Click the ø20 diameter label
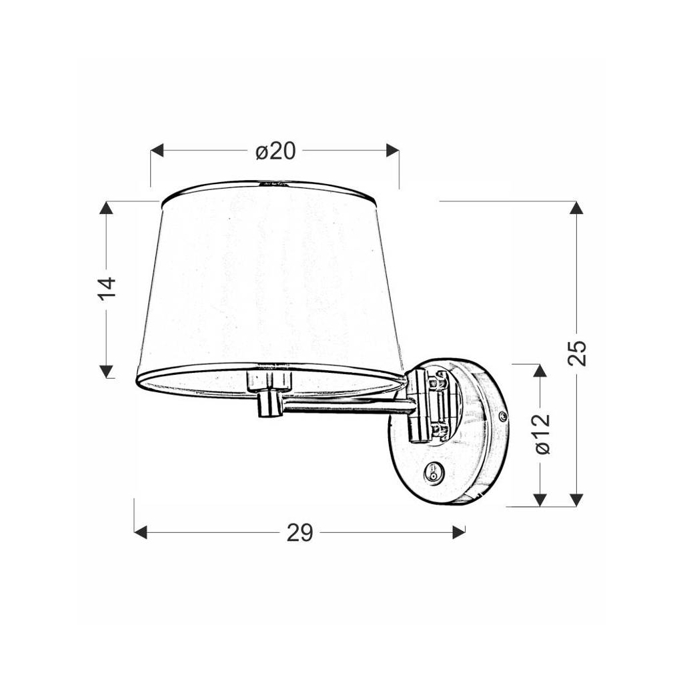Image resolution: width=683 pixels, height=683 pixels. tap(275, 151)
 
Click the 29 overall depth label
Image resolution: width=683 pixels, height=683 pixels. tap(299, 532)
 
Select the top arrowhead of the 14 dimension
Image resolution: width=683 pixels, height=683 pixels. tap(106, 208)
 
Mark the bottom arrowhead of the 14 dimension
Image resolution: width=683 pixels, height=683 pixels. tap(106, 372)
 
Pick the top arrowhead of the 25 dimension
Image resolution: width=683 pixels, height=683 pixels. tap(578, 208)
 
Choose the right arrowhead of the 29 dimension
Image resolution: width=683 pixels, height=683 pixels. tap(458, 532)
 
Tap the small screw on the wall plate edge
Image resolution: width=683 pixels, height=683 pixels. tap(502, 416)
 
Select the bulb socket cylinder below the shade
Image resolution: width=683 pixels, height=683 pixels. tap(269, 404)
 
